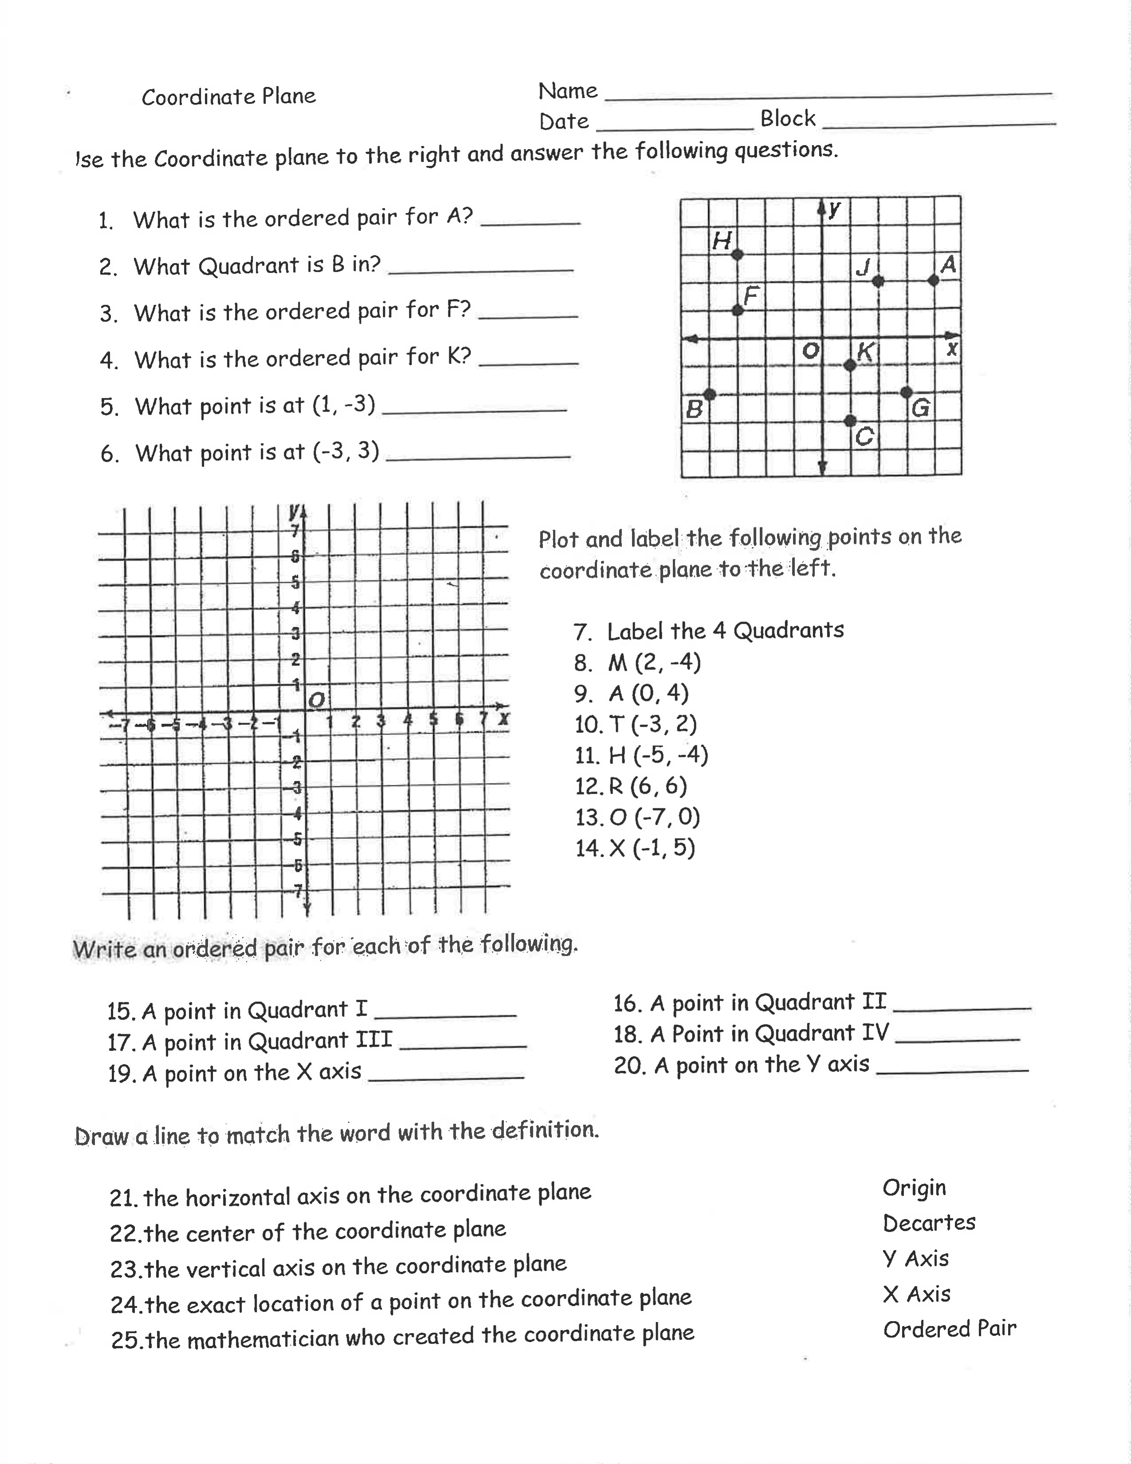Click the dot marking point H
click(737, 255)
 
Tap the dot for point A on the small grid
click(933, 280)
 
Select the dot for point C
click(850, 420)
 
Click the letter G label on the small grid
click(921, 408)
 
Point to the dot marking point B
click(710, 394)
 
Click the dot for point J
click(878, 281)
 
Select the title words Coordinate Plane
click(228, 97)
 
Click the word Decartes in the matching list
click(929, 1223)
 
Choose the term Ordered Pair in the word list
click(950, 1329)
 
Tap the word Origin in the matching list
click(914, 1187)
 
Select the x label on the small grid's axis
click(951, 349)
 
